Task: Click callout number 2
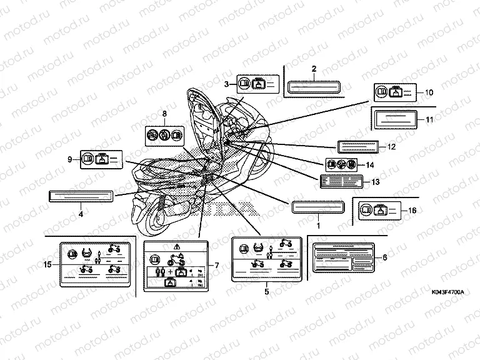click(x=314, y=68)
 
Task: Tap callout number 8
click(x=165, y=114)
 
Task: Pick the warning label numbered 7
click(x=176, y=266)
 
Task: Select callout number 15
click(x=47, y=265)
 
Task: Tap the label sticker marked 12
click(x=357, y=147)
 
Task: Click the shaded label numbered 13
click(x=341, y=181)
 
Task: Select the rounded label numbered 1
click(x=317, y=207)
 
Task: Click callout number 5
click(x=267, y=291)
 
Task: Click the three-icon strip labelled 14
click(x=340, y=164)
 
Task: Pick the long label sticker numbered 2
click(x=314, y=86)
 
